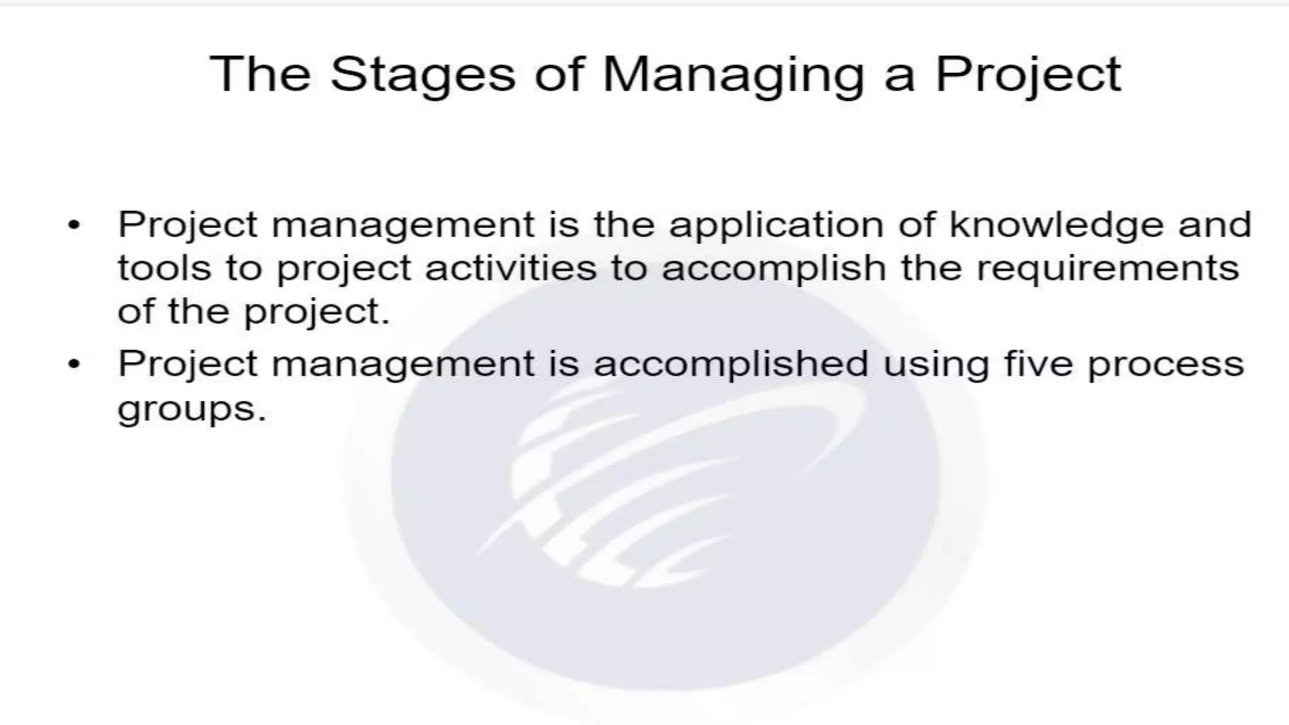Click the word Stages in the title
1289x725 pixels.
(x=422, y=75)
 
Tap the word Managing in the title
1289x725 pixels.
(x=733, y=75)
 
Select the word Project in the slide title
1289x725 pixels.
(x=1028, y=75)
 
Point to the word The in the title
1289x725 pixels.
(x=260, y=75)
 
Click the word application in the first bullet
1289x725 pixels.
(x=776, y=225)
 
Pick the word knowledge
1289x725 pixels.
(x=1056, y=225)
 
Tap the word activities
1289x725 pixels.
(x=510, y=268)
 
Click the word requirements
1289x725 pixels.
(x=1108, y=268)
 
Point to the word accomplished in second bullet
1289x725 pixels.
(x=731, y=365)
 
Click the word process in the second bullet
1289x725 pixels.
(x=1166, y=365)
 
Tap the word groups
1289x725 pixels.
(x=192, y=409)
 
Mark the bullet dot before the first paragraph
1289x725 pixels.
(x=74, y=225)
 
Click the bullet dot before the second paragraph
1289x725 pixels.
(x=74, y=364)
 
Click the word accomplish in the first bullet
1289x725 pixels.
(x=774, y=268)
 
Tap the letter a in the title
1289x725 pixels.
(x=899, y=76)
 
